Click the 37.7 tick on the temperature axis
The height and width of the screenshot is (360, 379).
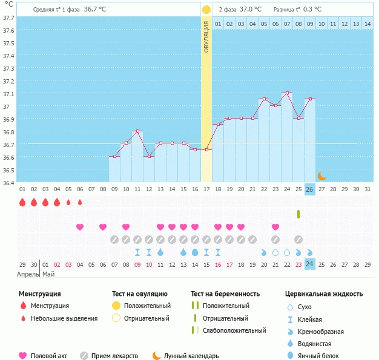point(8,18)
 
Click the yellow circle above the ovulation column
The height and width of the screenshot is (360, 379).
point(206,10)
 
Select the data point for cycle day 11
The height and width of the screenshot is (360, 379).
point(137,131)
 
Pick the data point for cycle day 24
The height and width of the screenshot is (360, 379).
point(287,93)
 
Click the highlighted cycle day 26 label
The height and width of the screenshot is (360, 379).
point(309,189)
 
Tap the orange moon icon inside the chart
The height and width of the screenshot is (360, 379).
point(321,175)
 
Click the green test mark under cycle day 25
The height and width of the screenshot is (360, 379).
point(298,214)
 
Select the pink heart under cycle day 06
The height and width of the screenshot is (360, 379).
point(80,227)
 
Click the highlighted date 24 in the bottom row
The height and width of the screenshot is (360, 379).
point(309,264)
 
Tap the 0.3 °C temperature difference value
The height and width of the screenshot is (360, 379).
point(312,9)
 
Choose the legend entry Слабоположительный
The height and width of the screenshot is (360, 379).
point(234,330)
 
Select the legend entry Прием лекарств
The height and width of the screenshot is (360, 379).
point(114,356)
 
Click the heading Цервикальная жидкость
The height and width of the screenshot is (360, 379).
point(324,293)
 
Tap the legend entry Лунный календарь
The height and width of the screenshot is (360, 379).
point(194,356)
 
